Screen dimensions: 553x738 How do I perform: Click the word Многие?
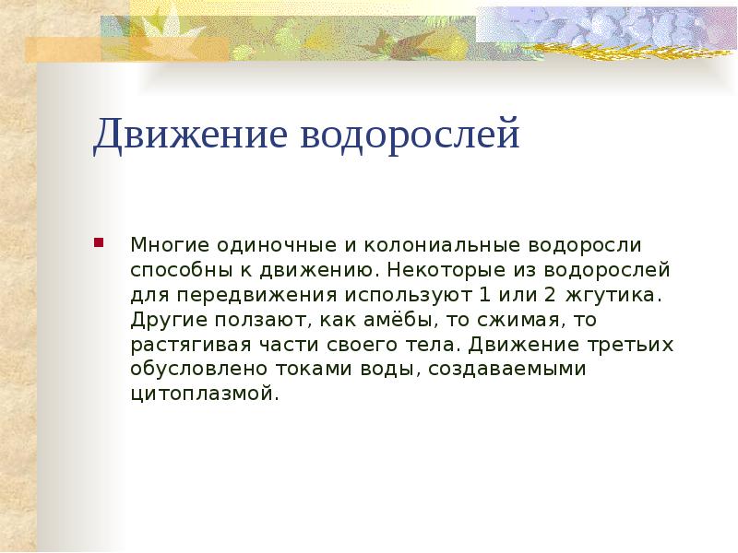[169, 247]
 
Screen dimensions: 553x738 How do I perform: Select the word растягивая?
[180, 345]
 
